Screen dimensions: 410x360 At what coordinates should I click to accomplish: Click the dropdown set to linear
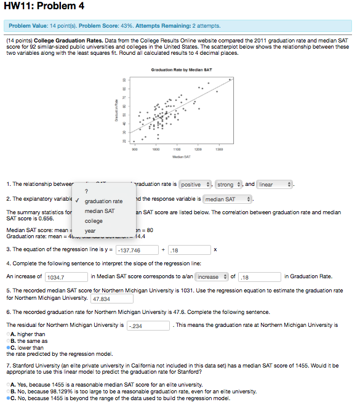[275, 184]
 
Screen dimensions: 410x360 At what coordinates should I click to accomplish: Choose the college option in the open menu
[94, 221]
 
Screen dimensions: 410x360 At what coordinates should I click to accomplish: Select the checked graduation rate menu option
[103, 201]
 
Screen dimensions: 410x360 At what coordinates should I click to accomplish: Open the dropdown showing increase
[212, 277]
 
